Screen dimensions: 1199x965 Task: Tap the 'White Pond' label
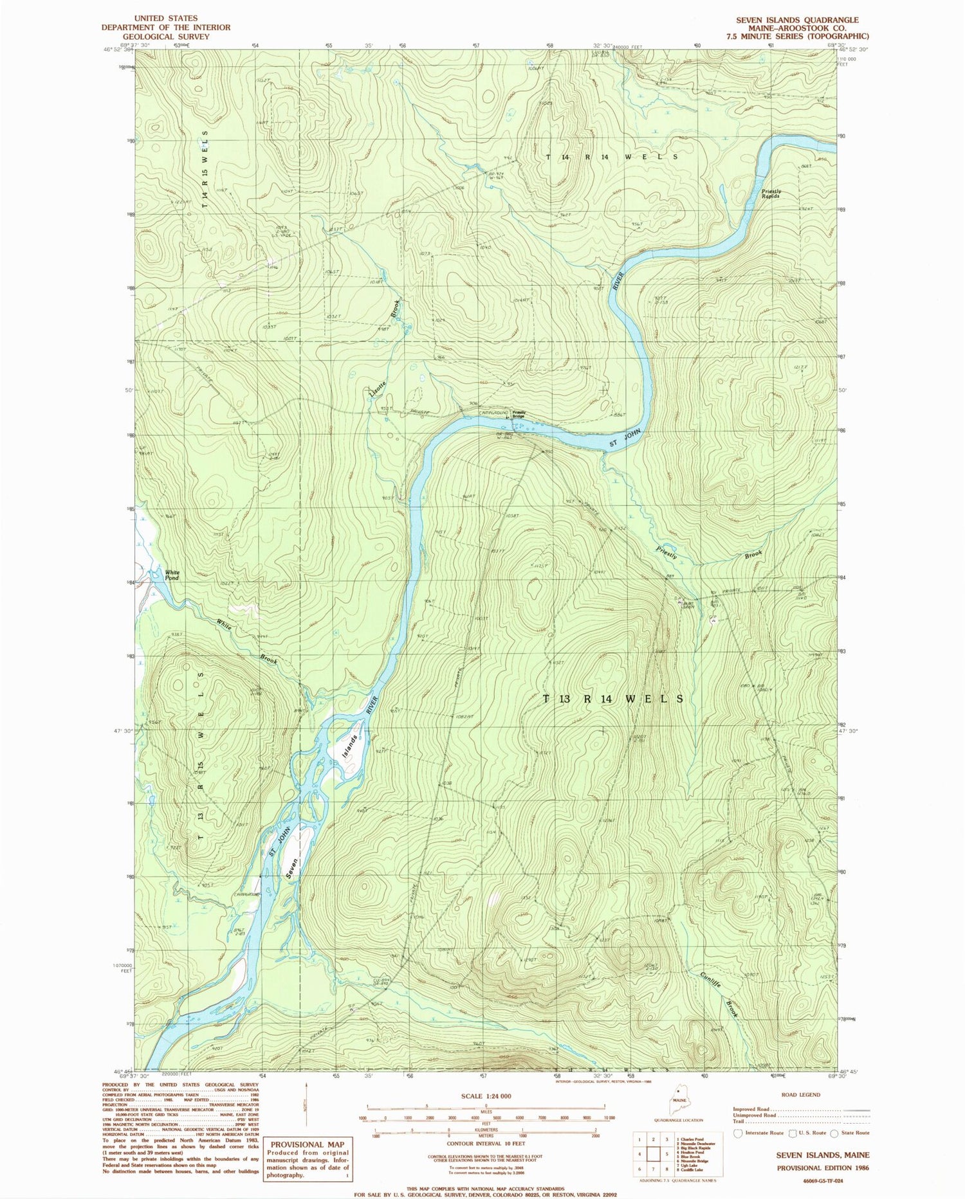[172, 575]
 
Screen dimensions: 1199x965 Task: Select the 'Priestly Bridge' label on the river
[519, 415]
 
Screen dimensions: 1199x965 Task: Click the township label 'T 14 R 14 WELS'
[612, 157]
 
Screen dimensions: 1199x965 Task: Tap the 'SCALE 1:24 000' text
[486, 1095]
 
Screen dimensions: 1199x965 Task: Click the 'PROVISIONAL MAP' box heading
[308, 1144]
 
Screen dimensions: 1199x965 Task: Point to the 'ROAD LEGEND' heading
[801, 1094]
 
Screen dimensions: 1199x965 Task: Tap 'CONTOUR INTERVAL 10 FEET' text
[486, 1143]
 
